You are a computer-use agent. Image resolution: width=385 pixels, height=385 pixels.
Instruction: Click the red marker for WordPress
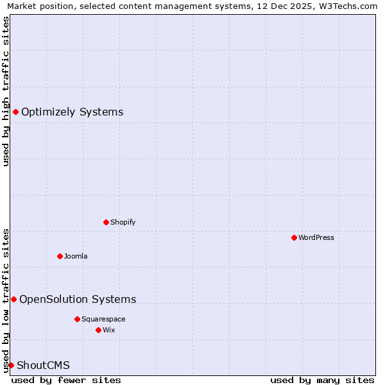[294, 237]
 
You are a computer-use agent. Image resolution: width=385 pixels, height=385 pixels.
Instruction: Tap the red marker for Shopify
[106, 222]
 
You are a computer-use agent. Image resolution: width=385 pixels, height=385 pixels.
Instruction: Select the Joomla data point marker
[60, 256]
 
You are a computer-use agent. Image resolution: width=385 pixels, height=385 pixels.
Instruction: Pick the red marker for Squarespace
[77, 319]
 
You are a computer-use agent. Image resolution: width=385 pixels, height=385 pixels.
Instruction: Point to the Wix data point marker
[98, 330]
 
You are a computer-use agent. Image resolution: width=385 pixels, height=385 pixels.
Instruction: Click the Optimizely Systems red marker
[15, 112]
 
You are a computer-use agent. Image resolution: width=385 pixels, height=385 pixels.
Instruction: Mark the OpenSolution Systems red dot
[13, 299]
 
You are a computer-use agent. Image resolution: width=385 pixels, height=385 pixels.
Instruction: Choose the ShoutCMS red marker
[11, 365]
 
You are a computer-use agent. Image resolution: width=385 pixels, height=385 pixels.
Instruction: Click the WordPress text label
[316, 237]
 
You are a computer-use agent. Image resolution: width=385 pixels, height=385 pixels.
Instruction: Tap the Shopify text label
[123, 222]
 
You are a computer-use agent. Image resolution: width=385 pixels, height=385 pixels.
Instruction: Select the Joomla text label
[76, 256]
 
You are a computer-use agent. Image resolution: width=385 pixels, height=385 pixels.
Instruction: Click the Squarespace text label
[103, 319]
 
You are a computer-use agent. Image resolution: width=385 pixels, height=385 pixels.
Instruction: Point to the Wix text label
[108, 330]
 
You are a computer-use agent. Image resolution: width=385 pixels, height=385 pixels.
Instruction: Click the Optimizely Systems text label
[72, 112]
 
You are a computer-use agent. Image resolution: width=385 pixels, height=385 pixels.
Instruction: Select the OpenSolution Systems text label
[78, 299]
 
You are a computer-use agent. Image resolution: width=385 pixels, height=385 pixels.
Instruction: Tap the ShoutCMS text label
[43, 365]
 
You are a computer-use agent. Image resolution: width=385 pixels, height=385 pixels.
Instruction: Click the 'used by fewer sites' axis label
[66, 380]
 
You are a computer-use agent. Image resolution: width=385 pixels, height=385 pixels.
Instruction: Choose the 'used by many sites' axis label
[322, 380]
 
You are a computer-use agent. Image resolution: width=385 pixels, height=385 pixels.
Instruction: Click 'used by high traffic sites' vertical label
[6, 91]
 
